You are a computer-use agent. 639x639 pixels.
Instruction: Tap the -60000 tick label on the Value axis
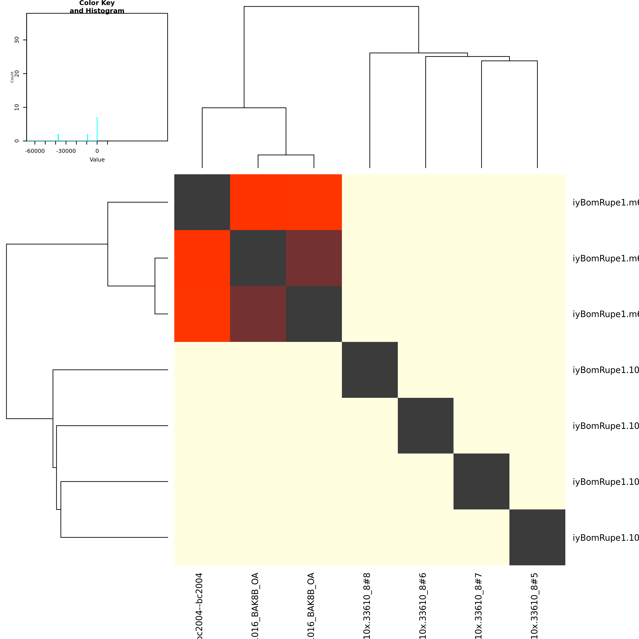[35, 151]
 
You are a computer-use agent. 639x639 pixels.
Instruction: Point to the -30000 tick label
[66, 151]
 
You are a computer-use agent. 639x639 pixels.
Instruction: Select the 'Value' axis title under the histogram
[97, 160]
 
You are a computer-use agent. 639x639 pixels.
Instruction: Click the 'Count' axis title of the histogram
[12, 77]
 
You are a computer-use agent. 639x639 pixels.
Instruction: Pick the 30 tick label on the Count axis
[17, 40]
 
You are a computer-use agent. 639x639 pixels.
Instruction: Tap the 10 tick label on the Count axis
[17, 107]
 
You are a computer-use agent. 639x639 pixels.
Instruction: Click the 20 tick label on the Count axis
[17, 73]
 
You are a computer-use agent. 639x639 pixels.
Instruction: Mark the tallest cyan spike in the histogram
[97, 129]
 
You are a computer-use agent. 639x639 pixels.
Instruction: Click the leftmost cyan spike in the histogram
[58, 137]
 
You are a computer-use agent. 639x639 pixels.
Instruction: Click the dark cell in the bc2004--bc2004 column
[202, 202]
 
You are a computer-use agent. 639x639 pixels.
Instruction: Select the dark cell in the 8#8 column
[370, 370]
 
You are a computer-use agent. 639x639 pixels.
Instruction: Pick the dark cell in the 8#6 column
[426, 426]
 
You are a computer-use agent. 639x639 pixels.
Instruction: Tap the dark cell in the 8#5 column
[537, 537]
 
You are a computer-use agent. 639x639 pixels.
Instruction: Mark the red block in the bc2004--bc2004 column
[202, 286]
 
